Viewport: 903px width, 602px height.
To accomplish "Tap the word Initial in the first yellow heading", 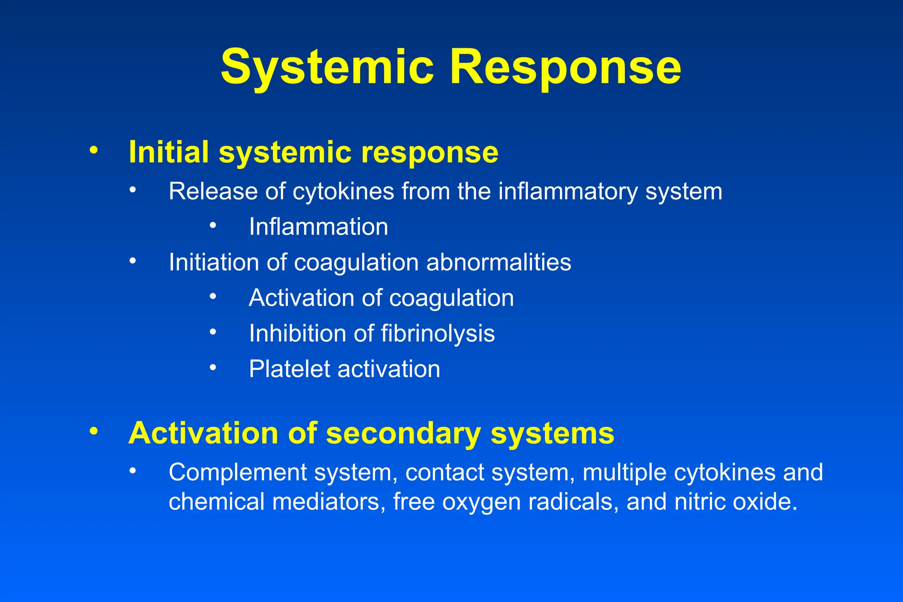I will [x=168, y=152].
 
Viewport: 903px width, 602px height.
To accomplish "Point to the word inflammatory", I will [x=568, y=192].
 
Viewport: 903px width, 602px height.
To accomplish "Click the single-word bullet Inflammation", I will [x=318, y=227].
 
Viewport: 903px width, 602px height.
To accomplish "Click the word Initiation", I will [x=213, y=263].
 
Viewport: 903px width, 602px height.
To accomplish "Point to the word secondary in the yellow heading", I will [x=403, y=434].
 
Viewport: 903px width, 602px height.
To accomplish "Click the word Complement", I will [x=236, y=473].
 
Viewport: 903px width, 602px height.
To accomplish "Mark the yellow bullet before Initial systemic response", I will [x=93, y=150].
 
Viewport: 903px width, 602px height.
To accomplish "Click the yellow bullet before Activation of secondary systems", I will [x=93, y=431].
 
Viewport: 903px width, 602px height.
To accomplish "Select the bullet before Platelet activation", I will [x=213, y=367].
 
